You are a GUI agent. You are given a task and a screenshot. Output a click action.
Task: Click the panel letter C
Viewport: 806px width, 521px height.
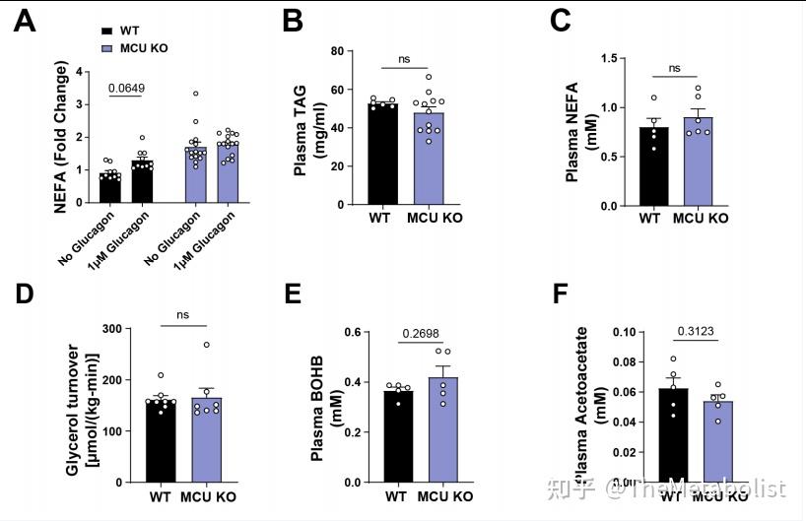click(x=562, y=22)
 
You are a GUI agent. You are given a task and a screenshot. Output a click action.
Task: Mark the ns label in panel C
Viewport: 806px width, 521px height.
click(x=674, y=69)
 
